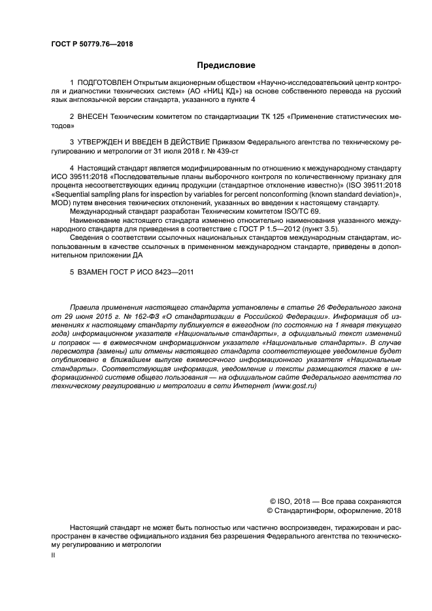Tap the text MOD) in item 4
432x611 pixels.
63,203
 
